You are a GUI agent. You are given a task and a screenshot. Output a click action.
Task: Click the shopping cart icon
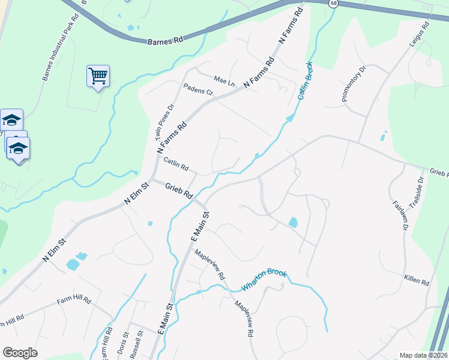click(98, 76)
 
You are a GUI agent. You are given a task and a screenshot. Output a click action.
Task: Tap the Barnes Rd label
click(164, 41)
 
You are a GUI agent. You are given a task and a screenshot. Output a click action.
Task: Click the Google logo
click(20, 353)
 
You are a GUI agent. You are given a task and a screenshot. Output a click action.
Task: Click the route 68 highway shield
click(333, 4)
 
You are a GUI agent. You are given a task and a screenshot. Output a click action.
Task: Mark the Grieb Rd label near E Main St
click(179, 191)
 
